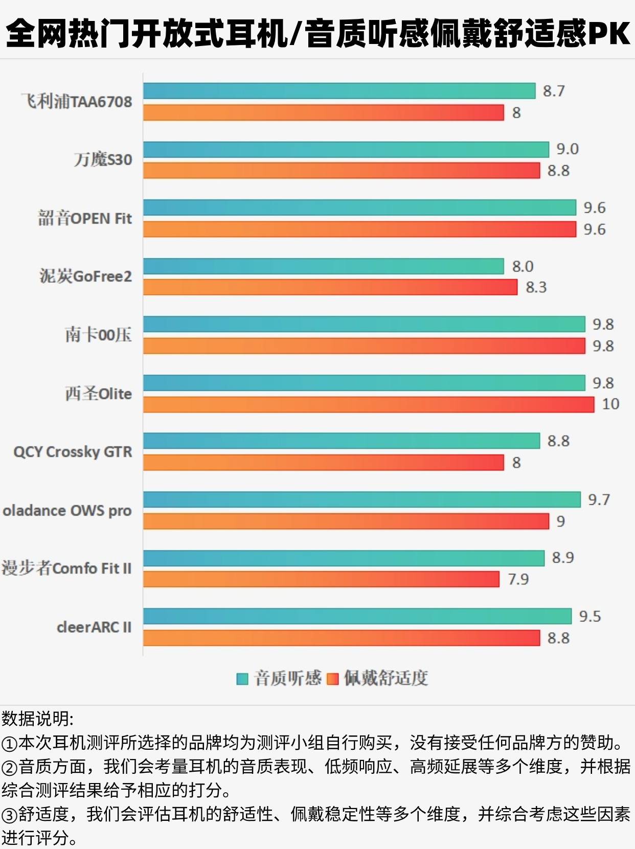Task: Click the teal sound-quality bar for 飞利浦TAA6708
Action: coord(339,91)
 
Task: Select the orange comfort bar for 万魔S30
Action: coord(341,171)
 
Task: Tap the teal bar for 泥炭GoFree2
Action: coord(323,266)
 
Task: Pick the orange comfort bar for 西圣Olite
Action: coord(368,405)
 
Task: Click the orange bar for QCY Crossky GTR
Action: coord(323,463)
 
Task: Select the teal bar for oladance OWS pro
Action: coord(361,500)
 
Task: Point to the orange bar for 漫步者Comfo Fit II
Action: coord(321,579)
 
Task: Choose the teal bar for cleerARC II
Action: coord(357,616)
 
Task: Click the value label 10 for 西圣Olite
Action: coord(610,404)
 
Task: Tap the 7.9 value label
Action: coord(518,579)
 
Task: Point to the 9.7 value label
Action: coord(599,500)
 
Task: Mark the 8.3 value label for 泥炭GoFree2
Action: coord(536,287)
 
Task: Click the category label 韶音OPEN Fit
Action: coord(85,218)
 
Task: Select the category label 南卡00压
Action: coord(98,335)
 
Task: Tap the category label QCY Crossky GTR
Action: coord(73,452)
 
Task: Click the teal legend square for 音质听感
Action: coord(242,679)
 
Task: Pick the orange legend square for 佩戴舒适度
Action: coord(332,679)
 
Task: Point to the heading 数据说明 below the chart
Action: coord(37,719)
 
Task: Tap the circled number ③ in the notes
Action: coord(9,814)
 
